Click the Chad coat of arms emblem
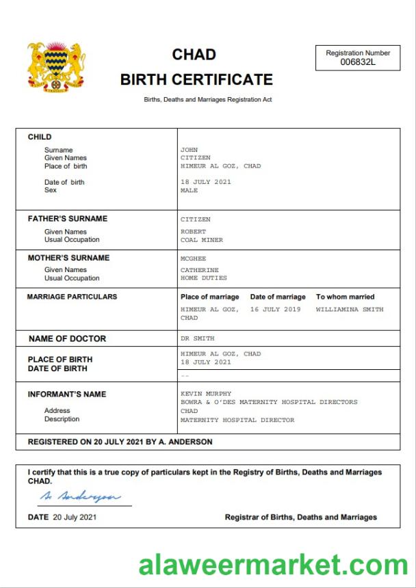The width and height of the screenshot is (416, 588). coord(56,66)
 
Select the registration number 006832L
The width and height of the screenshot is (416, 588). coord(358,62)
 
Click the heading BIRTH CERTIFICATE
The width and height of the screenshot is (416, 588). coord(196,79)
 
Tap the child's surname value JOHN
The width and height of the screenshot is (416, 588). coord(189,150)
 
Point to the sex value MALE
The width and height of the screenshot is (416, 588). coord(189,191)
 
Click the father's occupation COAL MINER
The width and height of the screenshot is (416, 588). coord(201,240)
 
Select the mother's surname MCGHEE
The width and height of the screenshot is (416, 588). coord(193,259)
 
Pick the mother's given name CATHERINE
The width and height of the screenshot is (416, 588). coord(199,270)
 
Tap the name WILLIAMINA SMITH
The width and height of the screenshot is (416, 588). coord(350,310)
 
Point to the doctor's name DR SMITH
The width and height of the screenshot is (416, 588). coord(197,338)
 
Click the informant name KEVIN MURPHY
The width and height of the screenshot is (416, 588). coord(206,394)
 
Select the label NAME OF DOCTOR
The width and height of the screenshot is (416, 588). coord(67,338)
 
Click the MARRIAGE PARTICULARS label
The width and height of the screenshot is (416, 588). coord(72,297)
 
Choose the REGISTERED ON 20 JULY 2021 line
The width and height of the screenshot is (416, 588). coord(120,442)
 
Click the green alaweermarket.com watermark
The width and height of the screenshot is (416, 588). coord(273,565)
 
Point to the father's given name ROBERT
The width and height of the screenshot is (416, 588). coord(193,232)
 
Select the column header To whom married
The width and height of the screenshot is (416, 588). coord(345,297)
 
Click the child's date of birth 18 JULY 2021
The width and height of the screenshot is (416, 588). coord(205,182)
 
